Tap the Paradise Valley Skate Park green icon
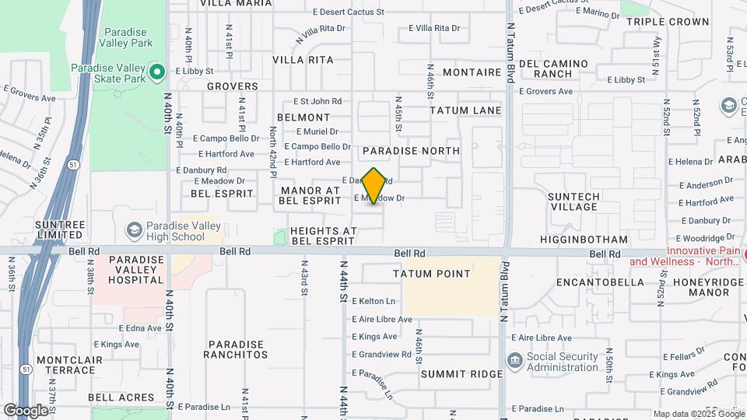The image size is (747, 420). click(157, 72)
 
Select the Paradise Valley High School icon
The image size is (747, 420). click(135, 231)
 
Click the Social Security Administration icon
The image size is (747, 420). click(514, 361)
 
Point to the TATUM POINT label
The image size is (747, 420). click(432, 274)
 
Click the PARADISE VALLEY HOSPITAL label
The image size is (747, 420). click(137, 269)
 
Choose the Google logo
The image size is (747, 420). click(26, 410)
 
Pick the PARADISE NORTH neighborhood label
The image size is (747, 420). click(411, 150)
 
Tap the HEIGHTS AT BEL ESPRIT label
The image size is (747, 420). click(323, 236)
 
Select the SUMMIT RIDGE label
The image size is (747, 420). click(462, 374)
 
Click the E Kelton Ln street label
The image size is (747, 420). click(373, 301)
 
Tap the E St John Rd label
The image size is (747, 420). click(317, 101)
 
